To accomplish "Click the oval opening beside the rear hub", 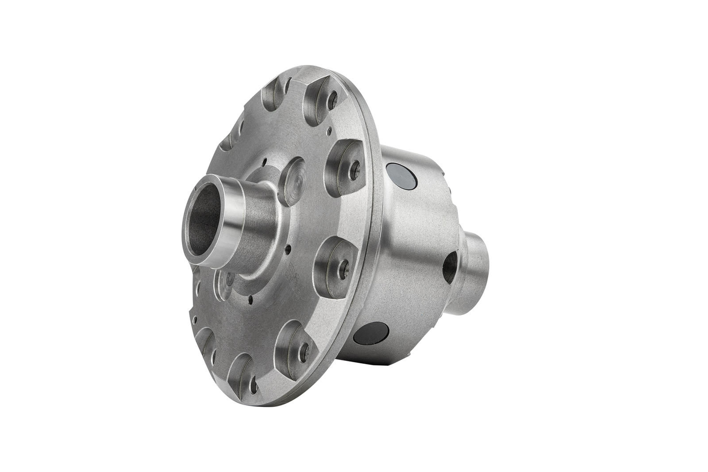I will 450,268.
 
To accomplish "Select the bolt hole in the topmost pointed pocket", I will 332,96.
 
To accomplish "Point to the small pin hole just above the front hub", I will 264,162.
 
